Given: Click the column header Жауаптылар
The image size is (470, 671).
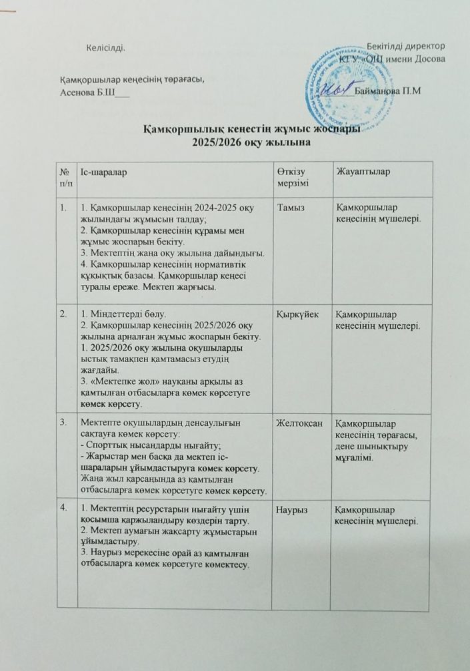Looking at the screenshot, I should [x=363, y=173].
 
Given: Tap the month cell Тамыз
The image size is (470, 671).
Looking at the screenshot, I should [x=291, y=208].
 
